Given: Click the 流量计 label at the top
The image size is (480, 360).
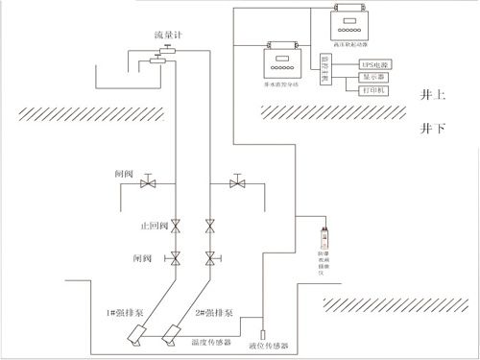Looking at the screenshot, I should coord(169,35).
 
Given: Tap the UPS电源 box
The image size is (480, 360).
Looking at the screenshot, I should coord(375,62).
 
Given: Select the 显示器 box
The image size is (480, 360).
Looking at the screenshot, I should coord(375,76).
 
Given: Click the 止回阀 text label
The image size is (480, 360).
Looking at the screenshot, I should coord(155,228).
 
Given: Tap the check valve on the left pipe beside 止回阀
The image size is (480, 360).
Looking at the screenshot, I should coord(175,227).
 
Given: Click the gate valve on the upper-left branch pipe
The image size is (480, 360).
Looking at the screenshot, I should coord(147,182).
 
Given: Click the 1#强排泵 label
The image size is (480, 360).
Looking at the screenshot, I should coord(126,312).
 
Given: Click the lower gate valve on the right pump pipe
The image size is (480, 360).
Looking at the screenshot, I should coord(209,257).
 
